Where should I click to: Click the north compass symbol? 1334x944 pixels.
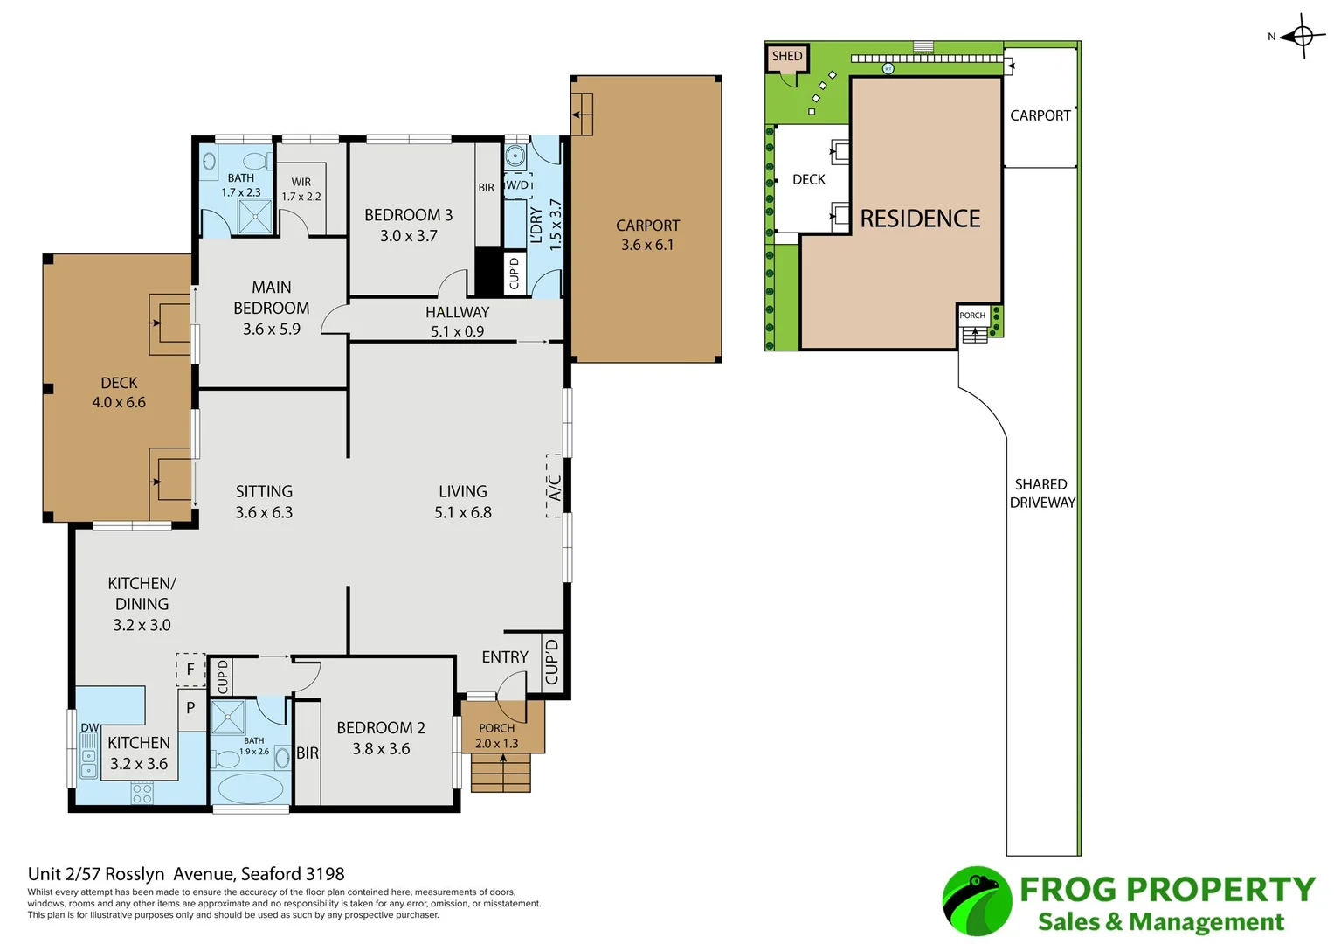point(1302,37)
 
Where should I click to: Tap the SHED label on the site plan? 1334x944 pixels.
point(787,56)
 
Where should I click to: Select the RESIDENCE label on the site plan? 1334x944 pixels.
point(920,219)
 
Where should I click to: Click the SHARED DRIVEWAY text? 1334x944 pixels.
point(1042,493)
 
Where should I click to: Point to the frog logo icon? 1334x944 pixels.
point(977,900)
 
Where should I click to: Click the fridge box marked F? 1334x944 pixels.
point(190,670)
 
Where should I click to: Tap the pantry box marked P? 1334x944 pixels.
point(191,709)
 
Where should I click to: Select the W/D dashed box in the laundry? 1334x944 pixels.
point(517,185)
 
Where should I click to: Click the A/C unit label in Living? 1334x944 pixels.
point(554,487)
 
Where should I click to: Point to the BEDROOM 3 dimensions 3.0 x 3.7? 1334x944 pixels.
point(409,236)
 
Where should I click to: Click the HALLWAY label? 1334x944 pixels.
point(458,312)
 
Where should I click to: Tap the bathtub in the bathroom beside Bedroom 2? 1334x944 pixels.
point(251,788)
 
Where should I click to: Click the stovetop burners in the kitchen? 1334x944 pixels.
point(142,793)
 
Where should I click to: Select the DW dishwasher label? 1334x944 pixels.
point(89,727)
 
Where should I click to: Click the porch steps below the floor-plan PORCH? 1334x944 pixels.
point(501,773)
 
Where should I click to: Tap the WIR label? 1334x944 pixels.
point(301,182)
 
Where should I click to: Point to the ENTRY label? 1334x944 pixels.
point(505,656)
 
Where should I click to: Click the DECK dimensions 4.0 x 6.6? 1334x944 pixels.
point(119,402)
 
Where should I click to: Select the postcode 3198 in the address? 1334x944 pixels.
point(325,874)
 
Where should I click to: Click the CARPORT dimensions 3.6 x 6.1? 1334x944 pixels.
point(647,245)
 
